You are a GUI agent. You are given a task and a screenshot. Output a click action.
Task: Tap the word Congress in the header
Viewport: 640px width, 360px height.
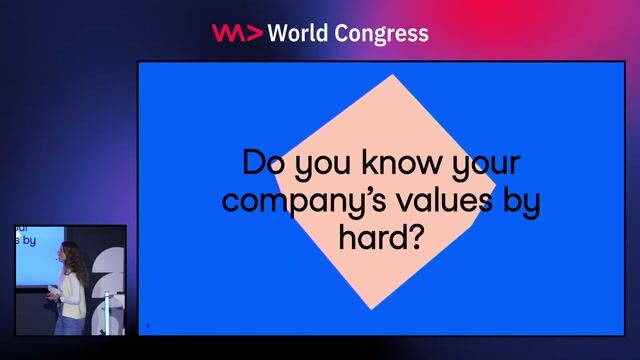[x=384, y=34]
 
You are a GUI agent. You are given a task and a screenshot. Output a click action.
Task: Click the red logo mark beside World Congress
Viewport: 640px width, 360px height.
[x=237, y=32]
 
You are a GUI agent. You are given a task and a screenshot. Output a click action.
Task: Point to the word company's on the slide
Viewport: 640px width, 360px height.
[x=283, y=201]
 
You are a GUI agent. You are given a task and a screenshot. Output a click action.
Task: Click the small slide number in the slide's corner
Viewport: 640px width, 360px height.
[x=148, y=324]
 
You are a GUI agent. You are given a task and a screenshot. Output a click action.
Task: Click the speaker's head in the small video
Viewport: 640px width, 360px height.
[x=69, y=253]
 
